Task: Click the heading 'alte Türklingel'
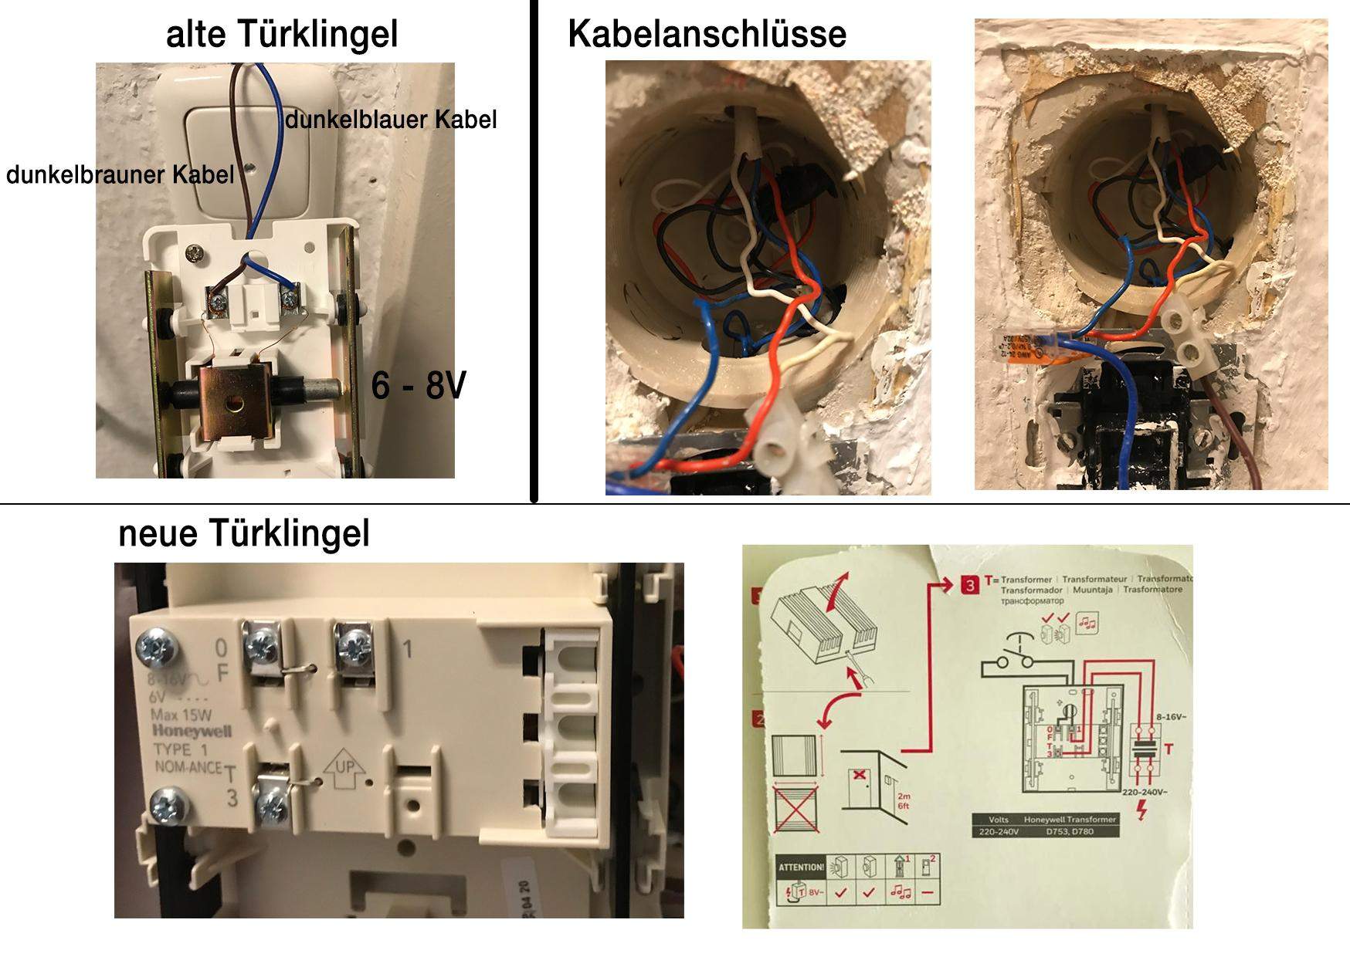pos(282,34)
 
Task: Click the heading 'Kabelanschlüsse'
pos(707,34)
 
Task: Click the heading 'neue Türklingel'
pos(244,533)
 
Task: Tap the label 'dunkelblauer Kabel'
pos(391,120)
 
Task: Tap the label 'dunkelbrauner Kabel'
pos(120,174)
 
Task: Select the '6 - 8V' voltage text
pos(419,385)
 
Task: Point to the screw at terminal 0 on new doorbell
pos(260,643)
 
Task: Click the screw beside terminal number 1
pos(354,643)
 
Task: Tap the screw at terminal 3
pos(272,807)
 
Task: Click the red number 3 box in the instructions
pos(970,585)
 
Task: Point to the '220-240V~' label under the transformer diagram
pos(1144,793)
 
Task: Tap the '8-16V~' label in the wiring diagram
pos(1172,716)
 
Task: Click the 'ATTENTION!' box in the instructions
pos(801,867)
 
